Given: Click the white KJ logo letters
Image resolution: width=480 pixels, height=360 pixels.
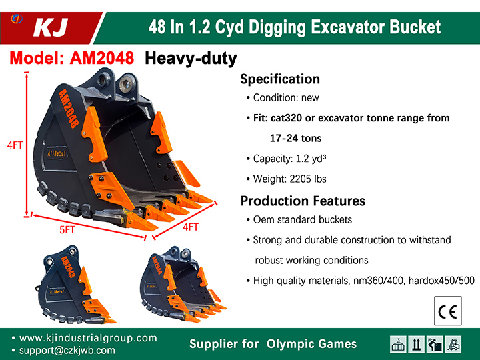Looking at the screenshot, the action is (51, 27).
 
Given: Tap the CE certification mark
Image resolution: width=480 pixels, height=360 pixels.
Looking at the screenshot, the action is (447, 311).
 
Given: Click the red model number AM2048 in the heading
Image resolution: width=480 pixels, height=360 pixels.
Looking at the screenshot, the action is (102, 58).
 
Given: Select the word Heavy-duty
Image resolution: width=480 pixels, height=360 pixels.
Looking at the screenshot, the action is (191, 59).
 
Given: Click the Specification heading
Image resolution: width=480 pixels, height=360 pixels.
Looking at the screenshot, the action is (280, 79).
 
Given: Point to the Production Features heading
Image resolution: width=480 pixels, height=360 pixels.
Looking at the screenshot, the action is (303, 201).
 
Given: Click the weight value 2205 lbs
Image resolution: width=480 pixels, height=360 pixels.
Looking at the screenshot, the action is (308, 179).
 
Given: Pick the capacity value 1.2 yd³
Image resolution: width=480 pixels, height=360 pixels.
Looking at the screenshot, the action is (311, 159).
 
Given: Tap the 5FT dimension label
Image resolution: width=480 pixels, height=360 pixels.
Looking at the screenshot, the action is (67, 229).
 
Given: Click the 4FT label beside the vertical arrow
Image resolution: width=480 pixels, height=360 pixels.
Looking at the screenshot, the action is (15, 145).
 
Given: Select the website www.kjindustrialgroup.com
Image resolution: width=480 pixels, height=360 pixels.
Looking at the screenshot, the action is (88, 338).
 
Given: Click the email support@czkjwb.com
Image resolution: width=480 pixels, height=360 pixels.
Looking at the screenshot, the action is (67, 351).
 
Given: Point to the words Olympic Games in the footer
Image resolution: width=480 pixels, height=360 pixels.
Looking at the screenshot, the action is (311, 344).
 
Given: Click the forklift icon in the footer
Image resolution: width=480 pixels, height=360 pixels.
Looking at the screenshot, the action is (453, 345).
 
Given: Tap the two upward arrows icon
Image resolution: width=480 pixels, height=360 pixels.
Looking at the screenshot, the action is (416, 345).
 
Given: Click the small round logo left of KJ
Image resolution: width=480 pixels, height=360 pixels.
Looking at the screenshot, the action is (17, 19).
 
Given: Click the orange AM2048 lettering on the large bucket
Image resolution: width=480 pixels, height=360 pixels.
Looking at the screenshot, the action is (69, 108).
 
